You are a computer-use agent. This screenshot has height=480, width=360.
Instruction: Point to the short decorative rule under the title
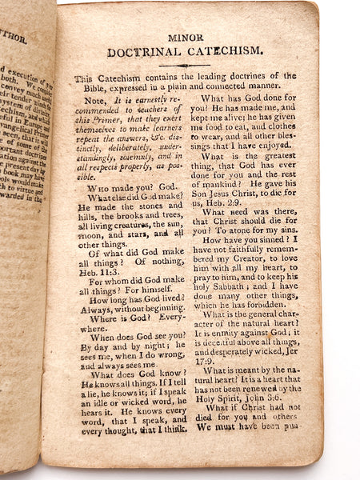[185, 65]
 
